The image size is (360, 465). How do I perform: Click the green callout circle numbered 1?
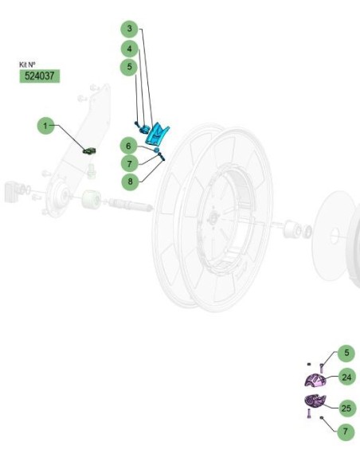pos(45,126)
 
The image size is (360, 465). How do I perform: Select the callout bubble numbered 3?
pos(129,29)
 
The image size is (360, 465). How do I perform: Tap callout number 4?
pos(129,49)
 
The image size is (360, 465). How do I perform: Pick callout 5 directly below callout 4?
pos(129,66)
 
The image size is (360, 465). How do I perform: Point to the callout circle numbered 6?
pos(128,146)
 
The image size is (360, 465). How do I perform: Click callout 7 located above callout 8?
pos(130,163)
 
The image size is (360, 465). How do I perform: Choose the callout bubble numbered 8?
pos(130,181)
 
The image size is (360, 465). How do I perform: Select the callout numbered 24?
pos(346,377)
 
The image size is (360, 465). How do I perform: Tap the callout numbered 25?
pos(346,408)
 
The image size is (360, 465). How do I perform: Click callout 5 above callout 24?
pos(346,353)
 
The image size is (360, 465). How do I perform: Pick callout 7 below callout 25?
pos(346,432)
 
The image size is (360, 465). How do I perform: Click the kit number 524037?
pos(40,76)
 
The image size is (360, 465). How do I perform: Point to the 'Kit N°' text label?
pos(27,64)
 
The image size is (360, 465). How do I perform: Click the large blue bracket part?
pos(157,135)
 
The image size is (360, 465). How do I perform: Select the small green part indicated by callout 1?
pos(89,151)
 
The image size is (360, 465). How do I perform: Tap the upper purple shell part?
pos(315,381)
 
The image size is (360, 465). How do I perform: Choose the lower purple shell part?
pos(315,401)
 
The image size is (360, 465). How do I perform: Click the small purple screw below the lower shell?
pos(309,413)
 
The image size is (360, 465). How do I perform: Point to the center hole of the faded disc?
pos(335,236)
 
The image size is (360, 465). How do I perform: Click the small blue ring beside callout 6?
pos(156,150)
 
